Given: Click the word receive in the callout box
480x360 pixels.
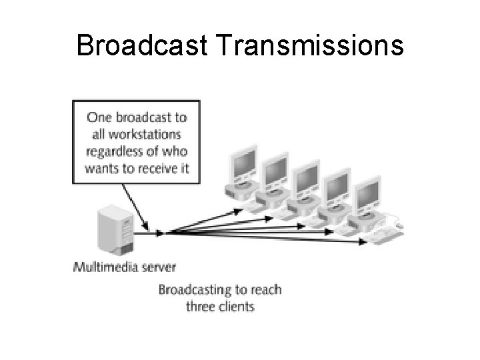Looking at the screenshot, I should pos(159,167).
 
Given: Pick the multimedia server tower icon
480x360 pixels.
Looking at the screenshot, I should pos(115,230).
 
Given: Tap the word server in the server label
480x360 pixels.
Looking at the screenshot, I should pos(159,268).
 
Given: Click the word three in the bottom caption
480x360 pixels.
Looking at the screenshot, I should pos(201,307).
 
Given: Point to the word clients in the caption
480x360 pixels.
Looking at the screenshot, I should pos(237,307).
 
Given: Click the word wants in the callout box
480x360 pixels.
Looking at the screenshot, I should pos(101,167).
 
